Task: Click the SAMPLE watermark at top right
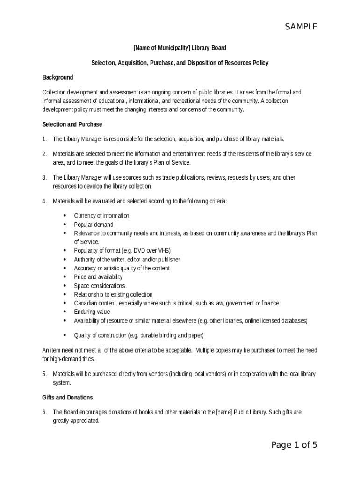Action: (301, 27)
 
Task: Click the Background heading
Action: (58, 77)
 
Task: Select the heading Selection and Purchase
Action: (72, 124)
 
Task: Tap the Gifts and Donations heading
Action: (67, 398)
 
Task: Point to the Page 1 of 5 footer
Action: (294, 445)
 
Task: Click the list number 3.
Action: (44, 178)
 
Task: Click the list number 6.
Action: (44, 412)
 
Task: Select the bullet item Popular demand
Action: (94, 225)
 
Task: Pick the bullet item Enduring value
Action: (92, 312)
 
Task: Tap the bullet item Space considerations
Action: (99, 286)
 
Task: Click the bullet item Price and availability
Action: (98, 277)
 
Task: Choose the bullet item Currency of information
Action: (101, 216)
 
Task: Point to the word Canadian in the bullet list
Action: (85, 303)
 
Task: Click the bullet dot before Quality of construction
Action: (64, 335)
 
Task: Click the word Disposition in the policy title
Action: (202, 63)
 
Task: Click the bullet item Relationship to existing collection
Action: (113, 295)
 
